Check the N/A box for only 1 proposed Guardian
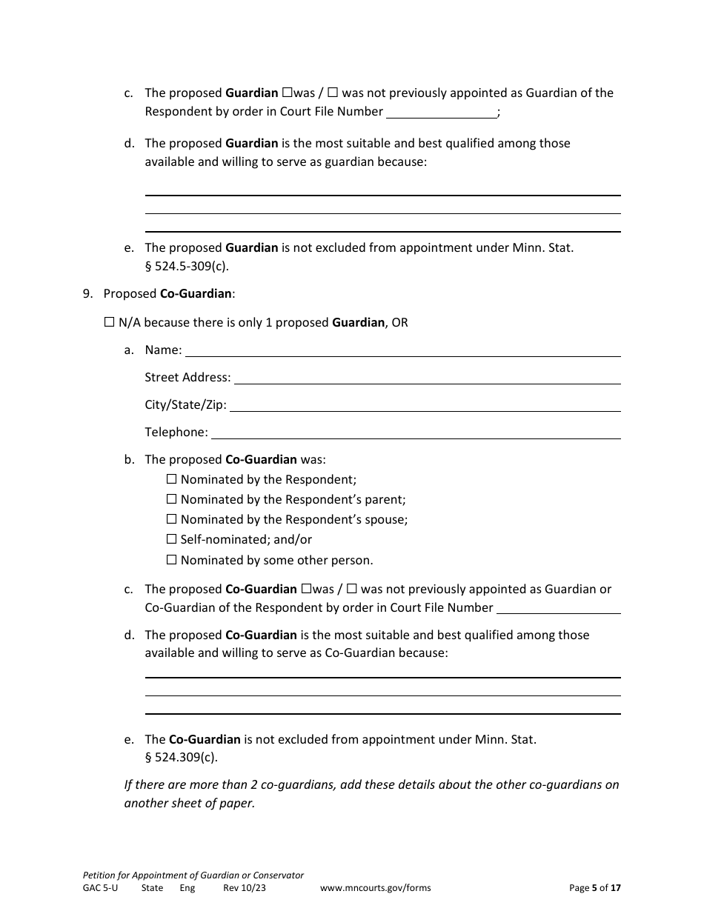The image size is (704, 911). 109,322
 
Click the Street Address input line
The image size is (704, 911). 427,378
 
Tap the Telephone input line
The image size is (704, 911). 416,433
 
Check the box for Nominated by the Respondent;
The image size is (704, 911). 172,479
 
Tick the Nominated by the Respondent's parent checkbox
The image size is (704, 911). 172,499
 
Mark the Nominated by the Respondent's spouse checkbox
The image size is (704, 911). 172,519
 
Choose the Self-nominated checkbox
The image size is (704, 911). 172,539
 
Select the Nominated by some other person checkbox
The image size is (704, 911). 172,560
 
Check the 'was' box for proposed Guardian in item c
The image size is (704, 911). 287,93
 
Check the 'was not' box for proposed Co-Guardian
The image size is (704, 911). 352,589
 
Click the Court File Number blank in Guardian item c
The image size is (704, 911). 442,113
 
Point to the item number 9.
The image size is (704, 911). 87,294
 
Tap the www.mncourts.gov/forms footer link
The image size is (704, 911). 375,888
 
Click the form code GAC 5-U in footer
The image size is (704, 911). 100,888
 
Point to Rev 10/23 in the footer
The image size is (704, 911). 244,888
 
